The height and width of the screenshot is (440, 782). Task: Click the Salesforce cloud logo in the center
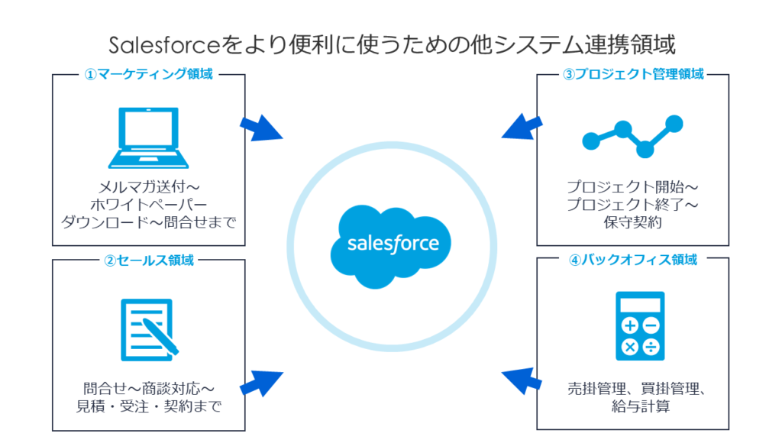391,244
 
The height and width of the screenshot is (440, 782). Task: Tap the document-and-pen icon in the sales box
150,328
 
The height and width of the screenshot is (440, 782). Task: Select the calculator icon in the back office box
640,326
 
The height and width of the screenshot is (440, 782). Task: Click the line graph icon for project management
632,135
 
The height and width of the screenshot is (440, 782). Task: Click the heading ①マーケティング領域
149,75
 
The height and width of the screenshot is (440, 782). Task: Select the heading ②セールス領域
149,260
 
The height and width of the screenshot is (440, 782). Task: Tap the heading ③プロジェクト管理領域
633,75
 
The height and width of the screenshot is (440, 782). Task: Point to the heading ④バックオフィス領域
633,260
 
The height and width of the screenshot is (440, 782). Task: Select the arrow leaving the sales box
260,382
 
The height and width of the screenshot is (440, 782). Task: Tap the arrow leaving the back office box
523,380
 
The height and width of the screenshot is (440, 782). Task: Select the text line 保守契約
632,222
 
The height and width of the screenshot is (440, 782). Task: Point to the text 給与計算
632,406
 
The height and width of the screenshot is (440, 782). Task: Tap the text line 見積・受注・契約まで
150,406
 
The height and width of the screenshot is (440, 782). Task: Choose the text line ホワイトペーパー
150,205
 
